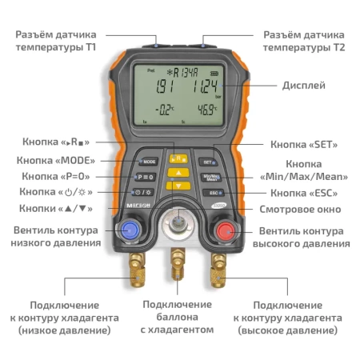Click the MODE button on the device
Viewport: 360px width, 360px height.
[x=148, y=161]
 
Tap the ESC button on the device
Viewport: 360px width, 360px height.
[x=211, y=194]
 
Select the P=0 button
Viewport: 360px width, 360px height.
[x=146, y=176]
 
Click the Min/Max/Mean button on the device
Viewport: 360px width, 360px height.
[x=211, y=177]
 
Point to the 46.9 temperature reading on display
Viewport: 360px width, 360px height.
[x=209, y=108]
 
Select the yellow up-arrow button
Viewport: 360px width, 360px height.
[x=179, y=171]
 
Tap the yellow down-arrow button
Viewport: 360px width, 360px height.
[x=179, y=185]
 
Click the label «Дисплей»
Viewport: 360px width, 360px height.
[x=303, y=85]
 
